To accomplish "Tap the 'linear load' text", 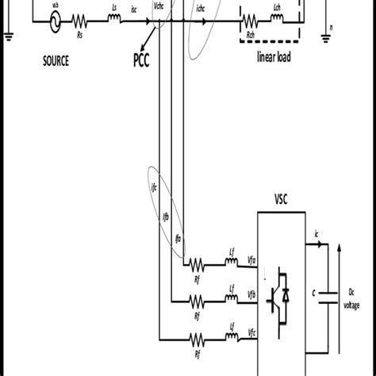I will point(274,58).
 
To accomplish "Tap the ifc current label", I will point(154,188).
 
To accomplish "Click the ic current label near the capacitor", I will point(318,232).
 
